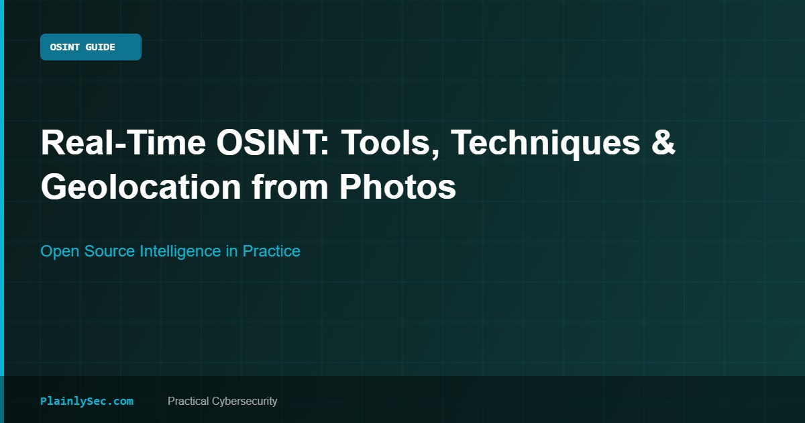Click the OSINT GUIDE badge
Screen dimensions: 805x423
pyautogui.click(x=91, y=47)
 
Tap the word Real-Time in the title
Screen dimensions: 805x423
pyautogui.click(x=123, y=143)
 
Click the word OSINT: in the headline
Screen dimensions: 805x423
pyautogui.click(x=273, y=143)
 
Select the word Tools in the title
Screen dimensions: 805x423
pyautogui.click(x=390, y=144)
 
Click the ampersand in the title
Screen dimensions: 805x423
pyautogui.click(x=663, y=143)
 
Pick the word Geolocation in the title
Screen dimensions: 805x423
pyautogui.click(x=141, y=187)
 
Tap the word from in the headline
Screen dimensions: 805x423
pyautogui.click(x=290, y=187)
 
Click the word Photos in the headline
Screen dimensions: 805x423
pyautogui.click(x=398, y=187)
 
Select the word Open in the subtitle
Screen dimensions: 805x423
pyautogui.click(x=60, y=251)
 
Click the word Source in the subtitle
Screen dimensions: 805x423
pyautogui.click(x=109, y=251)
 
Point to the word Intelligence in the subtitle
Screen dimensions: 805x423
pyautogui.click(x=180, y=251)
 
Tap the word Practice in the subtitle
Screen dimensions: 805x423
pyautogui.click(x=271, y=251)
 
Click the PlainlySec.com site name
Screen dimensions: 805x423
pyautogui.click(x=87, y=402)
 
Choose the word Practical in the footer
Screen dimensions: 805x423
pyautogui.click(x=188, y=401)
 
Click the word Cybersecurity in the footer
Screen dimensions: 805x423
pyautogui.click(x=244, y=402)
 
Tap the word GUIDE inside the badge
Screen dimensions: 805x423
pyautogui.click(x=100, y=47)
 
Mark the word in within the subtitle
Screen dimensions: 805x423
pyautogui.click(x=232, y=251)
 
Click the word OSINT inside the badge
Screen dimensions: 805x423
pyautogui.click(x=64, y=47)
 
